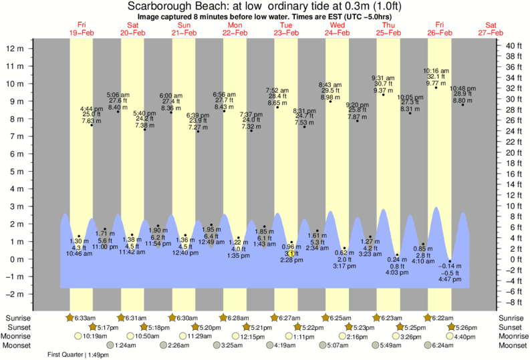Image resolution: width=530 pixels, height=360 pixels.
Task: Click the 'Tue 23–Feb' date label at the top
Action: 285,29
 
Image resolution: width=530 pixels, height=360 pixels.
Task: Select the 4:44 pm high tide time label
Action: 91,108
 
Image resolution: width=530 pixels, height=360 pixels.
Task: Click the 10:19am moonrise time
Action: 96,337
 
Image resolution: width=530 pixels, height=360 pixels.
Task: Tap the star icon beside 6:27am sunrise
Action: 275,317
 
